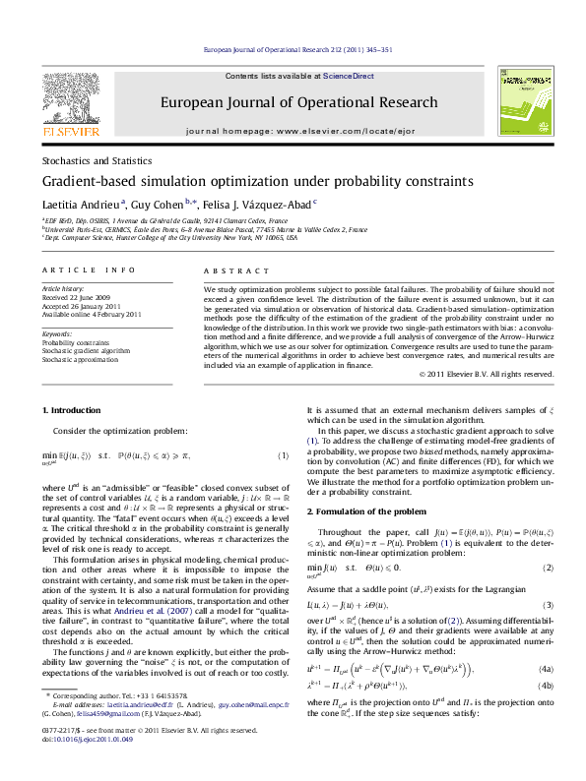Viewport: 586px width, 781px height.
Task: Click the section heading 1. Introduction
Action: click(x=69, y=409)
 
